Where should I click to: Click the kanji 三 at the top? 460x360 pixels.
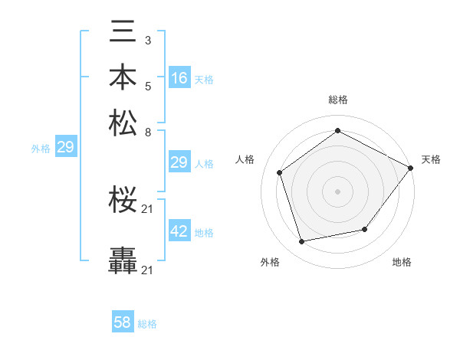coord(123,34)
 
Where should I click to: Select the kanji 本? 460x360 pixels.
coord(123,79)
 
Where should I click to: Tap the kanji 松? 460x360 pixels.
coord(123,123)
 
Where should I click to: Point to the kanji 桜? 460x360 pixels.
coord(123,201)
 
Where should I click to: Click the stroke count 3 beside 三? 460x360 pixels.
coord(147,39)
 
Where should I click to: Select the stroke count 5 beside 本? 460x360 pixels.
coord(147,84)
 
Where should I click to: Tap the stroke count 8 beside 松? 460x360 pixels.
coord(147,132)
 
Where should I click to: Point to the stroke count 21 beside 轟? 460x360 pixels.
coord(148,270)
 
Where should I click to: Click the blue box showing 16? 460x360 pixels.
coord(179,78)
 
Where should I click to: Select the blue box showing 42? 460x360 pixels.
coord(179,231)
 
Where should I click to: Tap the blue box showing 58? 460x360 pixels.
coord(123,322)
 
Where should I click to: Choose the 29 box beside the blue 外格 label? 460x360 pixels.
coord(65,147)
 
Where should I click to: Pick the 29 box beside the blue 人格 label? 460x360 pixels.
coord(179,162)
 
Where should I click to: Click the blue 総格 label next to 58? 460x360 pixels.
coord(147,324)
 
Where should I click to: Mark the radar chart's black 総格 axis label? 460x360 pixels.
coord(337,100)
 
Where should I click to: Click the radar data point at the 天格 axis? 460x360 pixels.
coord(410,168)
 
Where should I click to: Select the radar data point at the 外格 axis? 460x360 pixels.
coord(302,242)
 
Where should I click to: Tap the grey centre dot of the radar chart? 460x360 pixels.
coord(337,191)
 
